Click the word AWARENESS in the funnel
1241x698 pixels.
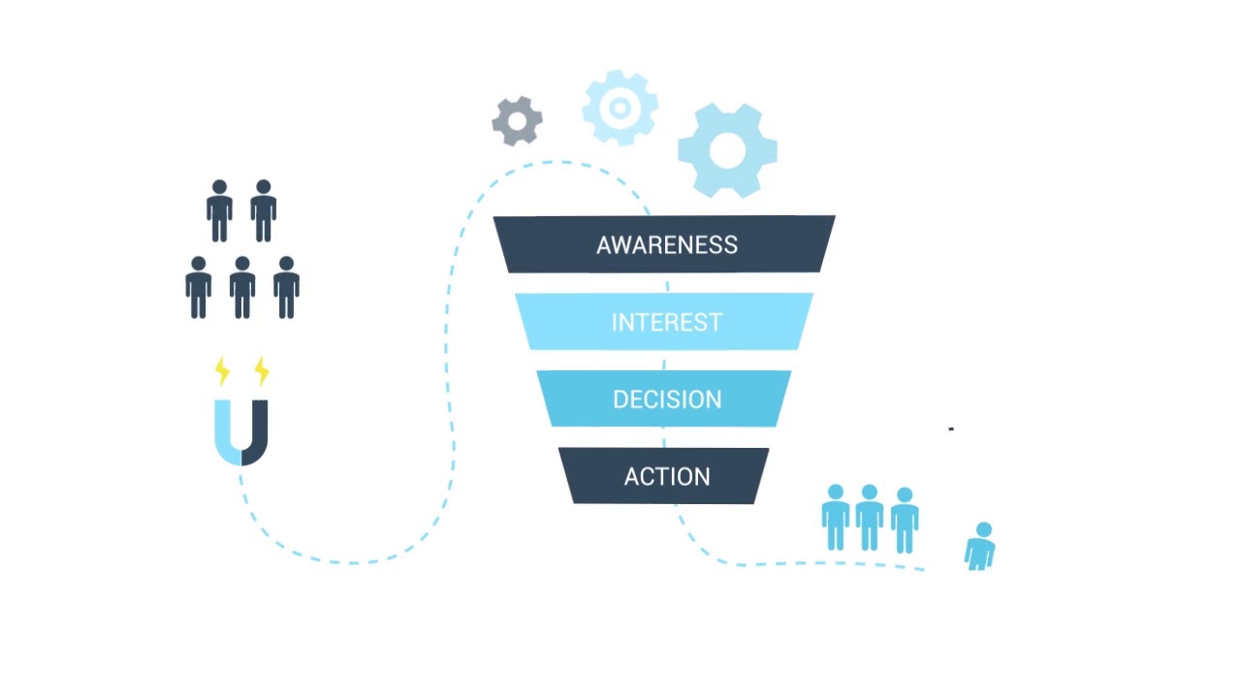pyautogui.click(x=666, y=245)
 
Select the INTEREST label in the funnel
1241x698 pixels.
pyautogui.click(x=666, y=323)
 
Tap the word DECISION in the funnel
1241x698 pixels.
pyautogui.click(x=666, y=399)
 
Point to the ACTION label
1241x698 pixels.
pyautogui.click(x=666, y=477)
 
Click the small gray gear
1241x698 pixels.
pyautogui.click(x=517, y=121)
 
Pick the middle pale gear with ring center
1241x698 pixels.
pyautogui.click(x=620, y=108)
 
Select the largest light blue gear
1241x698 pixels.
pyautogui.click(x=727, y=150)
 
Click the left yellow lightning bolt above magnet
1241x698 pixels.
pyautogui.click(x=222, y=370)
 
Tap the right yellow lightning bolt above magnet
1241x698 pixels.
pyautogui.click(x=261, y=370)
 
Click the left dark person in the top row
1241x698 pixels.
pyautogui.click(x=219, y=211)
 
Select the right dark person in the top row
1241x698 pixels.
pyautogui.click(x=263, y=211)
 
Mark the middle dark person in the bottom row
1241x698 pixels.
pyautogui.click(x=242, y=288)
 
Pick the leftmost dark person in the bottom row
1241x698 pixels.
pyautogui.click(x=199, y=288)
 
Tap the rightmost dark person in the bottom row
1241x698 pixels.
pyautogui.click(x=286, y=288)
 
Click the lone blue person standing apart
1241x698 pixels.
pyautogui.click(x=981, y=547)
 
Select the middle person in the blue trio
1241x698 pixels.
pyautogui.click(x=869, y=519)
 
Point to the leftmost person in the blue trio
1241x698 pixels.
pyautogui.click(x=836, y=519)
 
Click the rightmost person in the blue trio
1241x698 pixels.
pyautogui.click(x=904, y=521)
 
